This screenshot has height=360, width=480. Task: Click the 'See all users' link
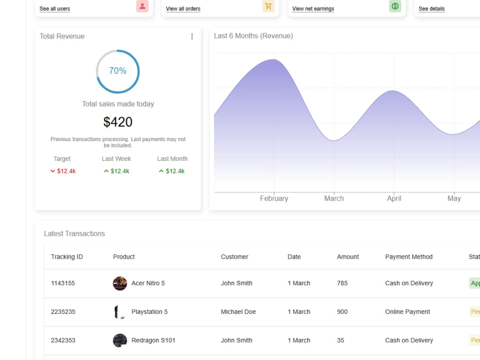[55, 9]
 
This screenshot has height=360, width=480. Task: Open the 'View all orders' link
[183, 9]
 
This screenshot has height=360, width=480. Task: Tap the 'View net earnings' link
[313, 9]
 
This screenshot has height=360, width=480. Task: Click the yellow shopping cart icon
[268, 6]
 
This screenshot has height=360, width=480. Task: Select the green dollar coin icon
[395, 6]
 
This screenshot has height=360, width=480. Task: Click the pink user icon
[143, 6]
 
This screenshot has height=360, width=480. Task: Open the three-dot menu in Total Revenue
[192, 36]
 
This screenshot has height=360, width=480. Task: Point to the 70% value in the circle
[118, 71]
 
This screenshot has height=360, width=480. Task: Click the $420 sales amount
[118, 122]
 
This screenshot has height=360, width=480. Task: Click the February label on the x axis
[274, 198]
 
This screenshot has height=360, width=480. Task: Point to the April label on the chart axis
[394, 198]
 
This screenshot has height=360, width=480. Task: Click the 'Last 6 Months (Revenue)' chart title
[253, 36]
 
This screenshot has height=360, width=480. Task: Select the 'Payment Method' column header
[408, 257]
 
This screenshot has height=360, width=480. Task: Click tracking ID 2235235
[63, 312]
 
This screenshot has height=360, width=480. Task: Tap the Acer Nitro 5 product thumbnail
[120, 284]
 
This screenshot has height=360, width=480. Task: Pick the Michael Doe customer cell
[239, 312]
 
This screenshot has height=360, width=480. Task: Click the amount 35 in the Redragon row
[340, 340]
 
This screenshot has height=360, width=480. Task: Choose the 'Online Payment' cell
[408, 312]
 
